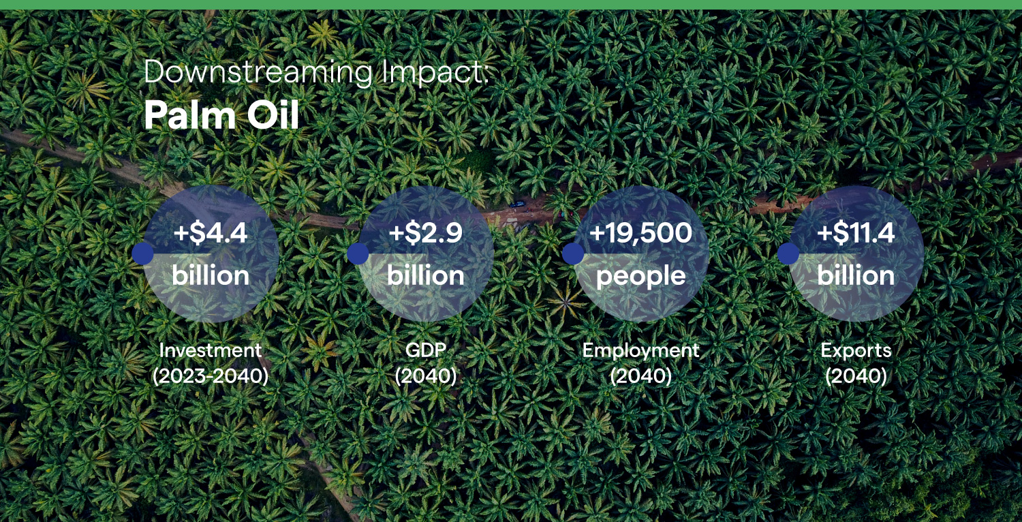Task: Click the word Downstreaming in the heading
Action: click(x=258, y=72)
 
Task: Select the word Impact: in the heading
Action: click(x=435, y=72)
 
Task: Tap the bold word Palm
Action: click(x=190, y=115)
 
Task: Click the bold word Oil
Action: click(x=273, y=115)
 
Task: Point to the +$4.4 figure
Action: click(x=211, y=232)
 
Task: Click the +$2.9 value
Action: click(x=426, y=232)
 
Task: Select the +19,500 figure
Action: click(x=640, y=232)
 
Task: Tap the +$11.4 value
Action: click(x=856, y=232)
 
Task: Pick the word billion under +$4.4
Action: click(x=211, y=275)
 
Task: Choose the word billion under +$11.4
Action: click(x=856, y=275)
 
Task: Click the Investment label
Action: click(x=211, y=350)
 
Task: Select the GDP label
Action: click(x=426, y=350)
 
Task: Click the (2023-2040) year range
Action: click(x=211, y=376)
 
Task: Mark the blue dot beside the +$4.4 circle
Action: click(x=143, y=254)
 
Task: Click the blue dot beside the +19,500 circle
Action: click(x=573, y=254)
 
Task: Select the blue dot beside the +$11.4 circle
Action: click(x=788, y=254)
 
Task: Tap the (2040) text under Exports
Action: click(x=856, y=376)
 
